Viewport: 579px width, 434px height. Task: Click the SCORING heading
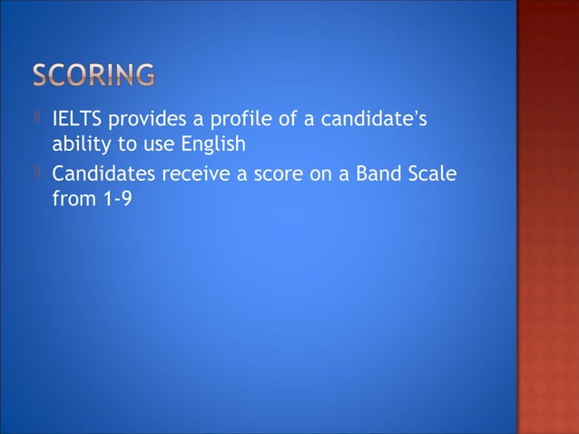[93, 74]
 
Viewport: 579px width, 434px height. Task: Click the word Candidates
[103, 173]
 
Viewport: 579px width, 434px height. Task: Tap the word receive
[193, 173]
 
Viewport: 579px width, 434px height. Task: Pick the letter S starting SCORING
[43, 74]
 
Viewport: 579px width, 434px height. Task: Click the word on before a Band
[322, 173]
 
